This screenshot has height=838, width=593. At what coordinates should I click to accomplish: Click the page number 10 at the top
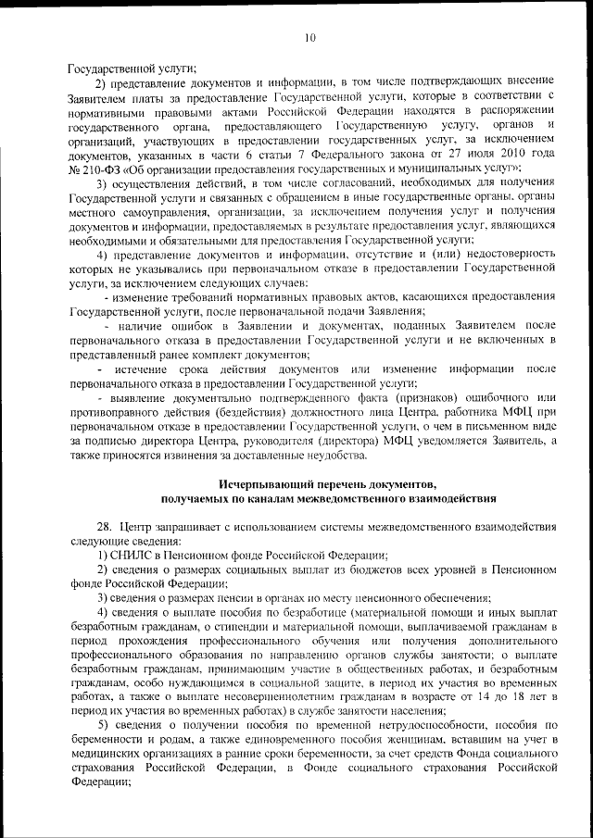point(309,37)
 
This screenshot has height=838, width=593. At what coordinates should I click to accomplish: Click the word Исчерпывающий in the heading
point(268,484)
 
